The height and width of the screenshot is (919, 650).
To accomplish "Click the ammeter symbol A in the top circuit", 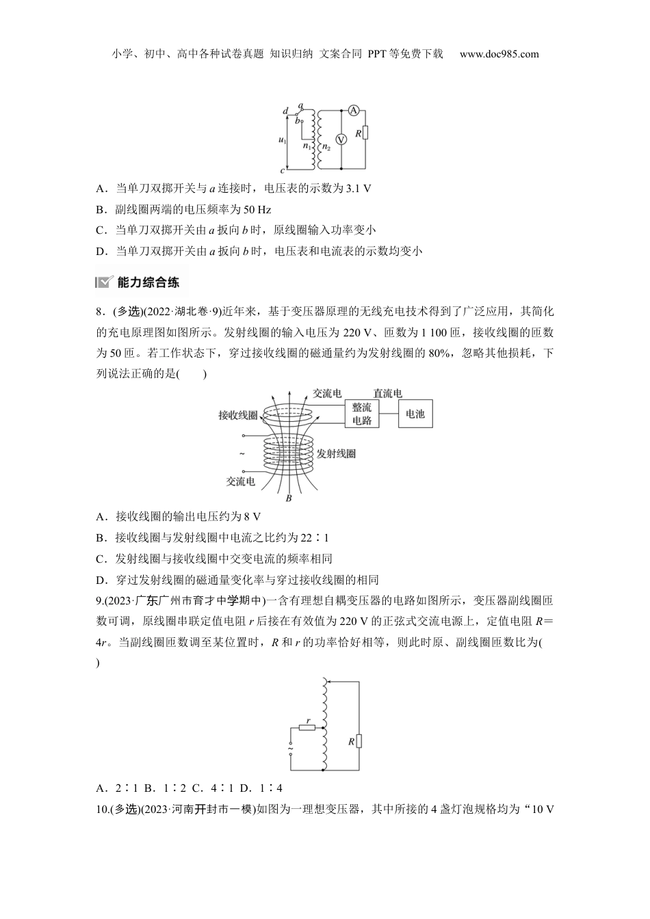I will click(x=353, y=111).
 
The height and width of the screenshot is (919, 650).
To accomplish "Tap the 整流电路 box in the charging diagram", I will click(x=361, y=414).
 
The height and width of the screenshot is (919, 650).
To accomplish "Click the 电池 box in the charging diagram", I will click(x=415, y=414).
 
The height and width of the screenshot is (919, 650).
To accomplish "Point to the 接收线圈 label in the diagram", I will click(x=237, y=415).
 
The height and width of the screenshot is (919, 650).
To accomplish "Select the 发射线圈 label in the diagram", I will click(x=336, y=453).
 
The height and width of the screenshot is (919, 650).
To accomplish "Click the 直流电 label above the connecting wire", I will click(x=387, y=393).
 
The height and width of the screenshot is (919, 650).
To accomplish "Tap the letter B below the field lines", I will click(x=289, y=498).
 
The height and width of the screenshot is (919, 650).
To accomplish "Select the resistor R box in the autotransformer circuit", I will click(x=359, y=741).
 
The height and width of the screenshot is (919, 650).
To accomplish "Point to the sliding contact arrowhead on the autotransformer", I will click(x=327, y=681).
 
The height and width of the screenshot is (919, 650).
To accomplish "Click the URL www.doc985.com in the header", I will click(x=499, y=54).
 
